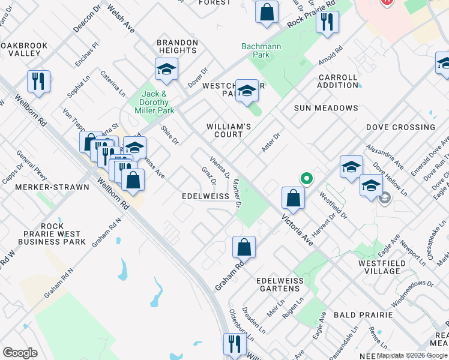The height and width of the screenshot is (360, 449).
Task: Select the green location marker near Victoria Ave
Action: (x=306, y=178)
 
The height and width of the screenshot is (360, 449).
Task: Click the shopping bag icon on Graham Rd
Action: (x=244, y=247)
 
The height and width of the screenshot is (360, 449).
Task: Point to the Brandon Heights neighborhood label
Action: (x=177, y=47)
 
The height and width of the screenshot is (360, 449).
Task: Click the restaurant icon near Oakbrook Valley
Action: (x=39, y=82)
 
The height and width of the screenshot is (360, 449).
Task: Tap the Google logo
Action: (x=20, y=353)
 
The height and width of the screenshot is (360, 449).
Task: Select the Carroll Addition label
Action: (x=338, y=82)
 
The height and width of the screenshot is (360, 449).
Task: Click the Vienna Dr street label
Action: (x=220, y=167)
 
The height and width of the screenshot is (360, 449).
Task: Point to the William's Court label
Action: (x=229, y=130)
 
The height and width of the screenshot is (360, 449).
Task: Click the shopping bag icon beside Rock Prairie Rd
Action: (x=267, y=11)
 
